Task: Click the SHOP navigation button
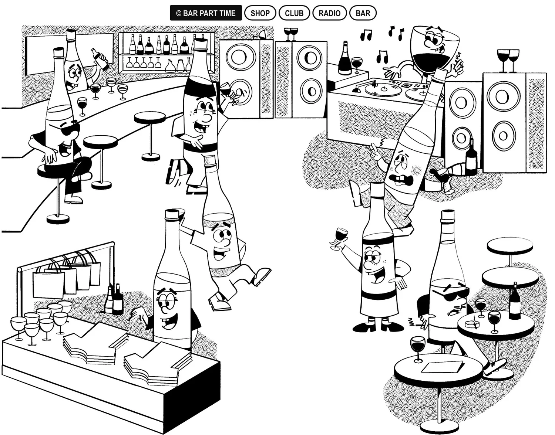click(x=260, y=13)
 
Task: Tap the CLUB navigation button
click(x=294, y=13)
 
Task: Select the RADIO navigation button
click(x=329, y=13)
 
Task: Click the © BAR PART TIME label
click(x=206, y=13)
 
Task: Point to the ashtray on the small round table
click(x=472, y=324)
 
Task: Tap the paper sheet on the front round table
click(x=443, y=367)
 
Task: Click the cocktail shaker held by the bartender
click(x=100, y=59)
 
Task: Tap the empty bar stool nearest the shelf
click(x=150, y=118)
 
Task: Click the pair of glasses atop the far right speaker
click(x=508, y=59)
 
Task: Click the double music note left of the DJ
click(x=366, y=35)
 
